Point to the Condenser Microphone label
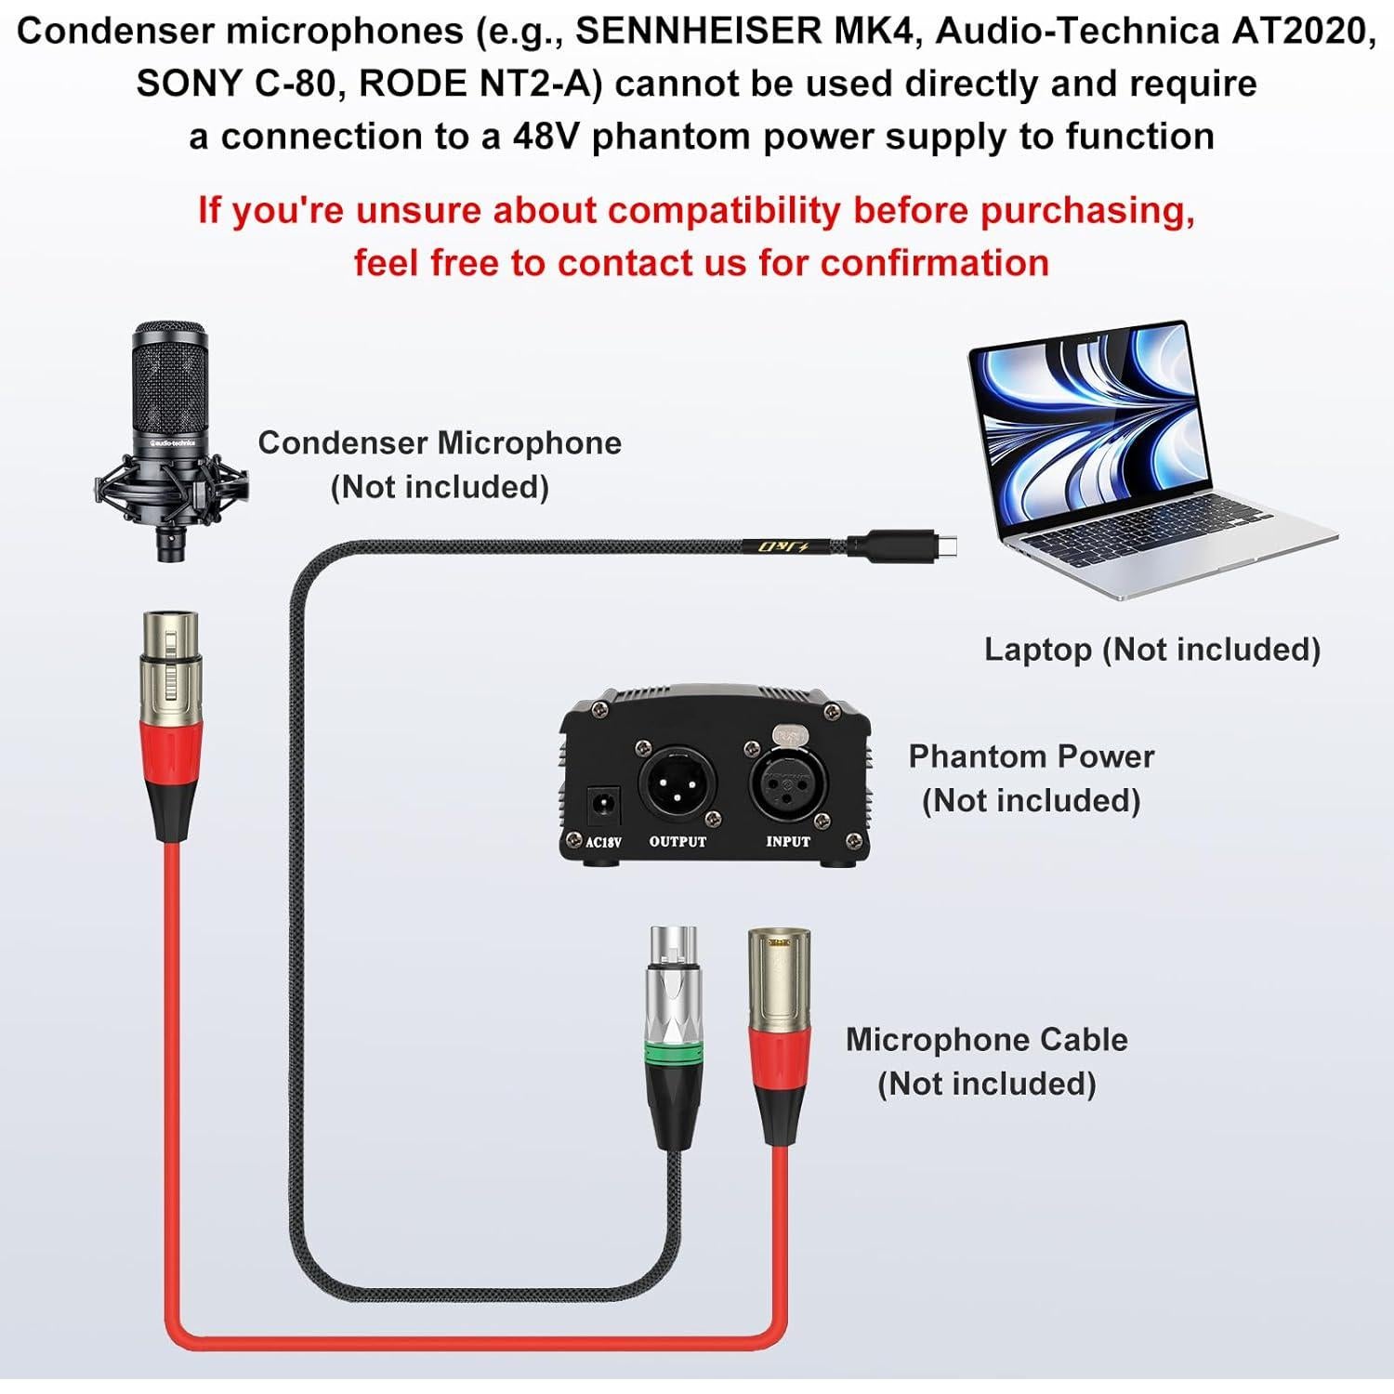pos(440,443)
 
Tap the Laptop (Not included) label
pos(1152,649)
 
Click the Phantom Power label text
pos(1031,756)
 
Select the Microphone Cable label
pos(986,1039)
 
